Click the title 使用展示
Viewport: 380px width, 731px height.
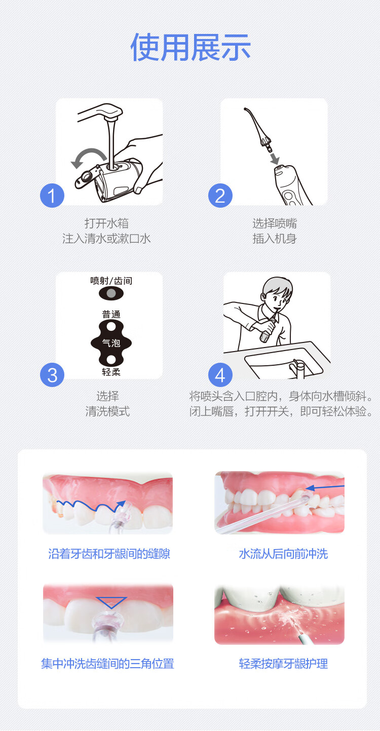tap(191, 48)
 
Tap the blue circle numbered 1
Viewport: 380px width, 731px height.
tap(52, 196)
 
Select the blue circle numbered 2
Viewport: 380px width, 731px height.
tap(220, 196)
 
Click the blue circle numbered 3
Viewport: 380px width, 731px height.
tap(52, 375)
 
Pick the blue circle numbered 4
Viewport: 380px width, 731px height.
tap(220, 375)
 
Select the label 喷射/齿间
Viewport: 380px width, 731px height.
tap(111, 281)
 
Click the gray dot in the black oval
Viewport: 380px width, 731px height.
tap(111, 293)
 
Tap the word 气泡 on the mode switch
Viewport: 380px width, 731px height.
tap(111, 343)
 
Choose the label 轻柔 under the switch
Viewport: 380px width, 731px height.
tap(111, 372)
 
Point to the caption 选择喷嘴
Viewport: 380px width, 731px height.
tap(275, 223)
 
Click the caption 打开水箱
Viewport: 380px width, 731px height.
tap(106, 223)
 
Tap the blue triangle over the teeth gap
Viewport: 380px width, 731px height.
tap(111, 602)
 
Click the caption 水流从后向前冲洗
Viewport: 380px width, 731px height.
tap(283, 554)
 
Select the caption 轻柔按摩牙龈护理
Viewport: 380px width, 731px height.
tap(283, 664)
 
